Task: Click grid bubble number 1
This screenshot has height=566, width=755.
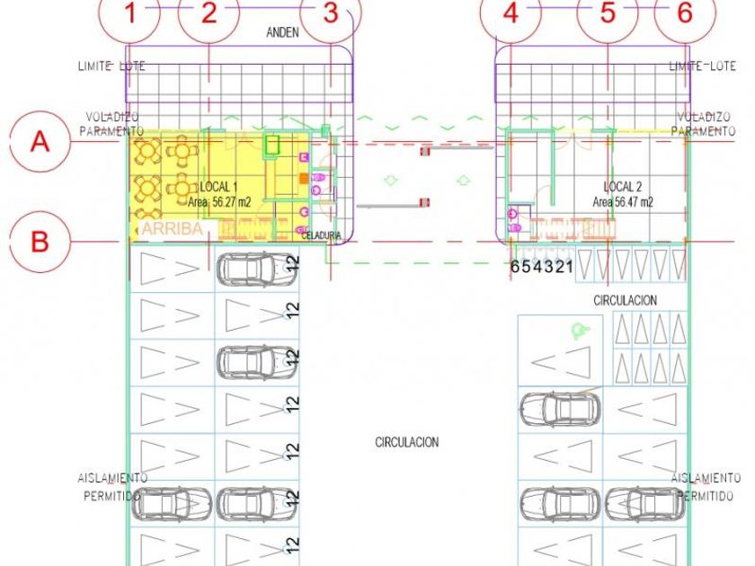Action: tap(131, 14)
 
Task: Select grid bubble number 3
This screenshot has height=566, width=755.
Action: tap(331, 14)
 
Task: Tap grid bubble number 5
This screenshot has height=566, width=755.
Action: tap(608, 14)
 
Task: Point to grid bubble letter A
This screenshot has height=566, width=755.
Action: tap(40, 142)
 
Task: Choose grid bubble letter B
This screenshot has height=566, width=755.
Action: tap(40, 242)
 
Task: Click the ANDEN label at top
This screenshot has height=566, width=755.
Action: tap(282, 32)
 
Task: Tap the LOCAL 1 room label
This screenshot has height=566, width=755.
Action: tap(219, 186)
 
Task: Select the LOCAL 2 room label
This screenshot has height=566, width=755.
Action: tap(622, 187)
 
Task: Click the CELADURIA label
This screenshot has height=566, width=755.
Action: tap(322, 235)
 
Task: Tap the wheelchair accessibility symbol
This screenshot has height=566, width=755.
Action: tap(576, 332)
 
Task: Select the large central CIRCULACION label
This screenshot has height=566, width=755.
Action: tap(406, 442)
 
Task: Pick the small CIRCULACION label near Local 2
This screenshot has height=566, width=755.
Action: tap(625, 300)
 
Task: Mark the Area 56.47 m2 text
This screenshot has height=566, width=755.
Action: tap(623, 203)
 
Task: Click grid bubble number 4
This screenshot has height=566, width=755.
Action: tap(511, 14)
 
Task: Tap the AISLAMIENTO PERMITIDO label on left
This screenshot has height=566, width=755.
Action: tap(112, 487)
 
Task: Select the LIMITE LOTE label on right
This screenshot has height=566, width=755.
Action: tap(704, 66)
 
